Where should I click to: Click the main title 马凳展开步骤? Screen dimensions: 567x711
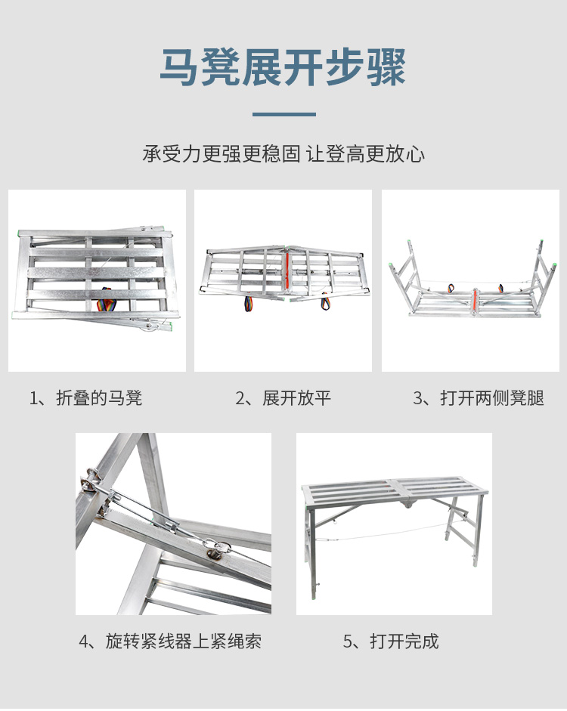click(283, 67)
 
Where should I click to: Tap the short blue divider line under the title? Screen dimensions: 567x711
click(284, 114)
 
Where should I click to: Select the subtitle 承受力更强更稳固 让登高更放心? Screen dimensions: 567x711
click(283, 153)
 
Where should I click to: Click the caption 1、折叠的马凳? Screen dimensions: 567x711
click(85, 398)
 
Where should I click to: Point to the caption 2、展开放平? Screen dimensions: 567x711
click(283, 398)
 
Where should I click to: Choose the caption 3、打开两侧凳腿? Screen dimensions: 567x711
click(479, 398)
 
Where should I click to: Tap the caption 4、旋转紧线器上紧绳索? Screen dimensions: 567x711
click(170, 641)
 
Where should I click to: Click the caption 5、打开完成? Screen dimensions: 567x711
click(391, 641)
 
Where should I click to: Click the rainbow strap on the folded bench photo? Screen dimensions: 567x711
click(107, 300)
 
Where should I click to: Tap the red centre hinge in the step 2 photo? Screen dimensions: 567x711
click(287, 272)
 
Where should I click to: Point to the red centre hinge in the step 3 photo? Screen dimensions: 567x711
click(475, 301)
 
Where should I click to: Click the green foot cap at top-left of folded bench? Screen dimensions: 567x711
click(18, 234)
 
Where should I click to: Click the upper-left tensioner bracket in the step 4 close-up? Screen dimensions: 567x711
click(93, 481)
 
